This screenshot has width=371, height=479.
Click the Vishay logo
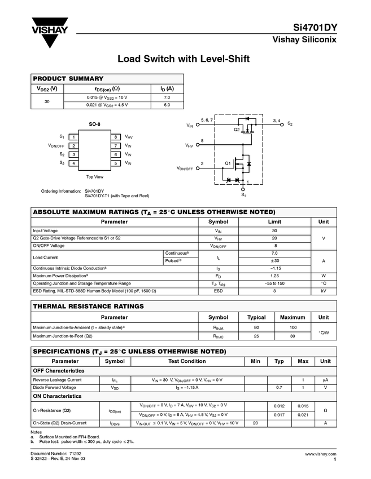click(50, 32)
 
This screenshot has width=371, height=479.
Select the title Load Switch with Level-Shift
click(183, 59)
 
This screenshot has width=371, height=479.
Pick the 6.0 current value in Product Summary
click(167, 105)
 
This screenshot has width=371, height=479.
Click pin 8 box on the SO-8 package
click(115, 137)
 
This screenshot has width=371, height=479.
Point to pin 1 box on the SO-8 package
click(74, 137)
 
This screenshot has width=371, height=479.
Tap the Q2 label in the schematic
click(237, 130)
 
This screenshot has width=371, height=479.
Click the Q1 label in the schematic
click(228, 163)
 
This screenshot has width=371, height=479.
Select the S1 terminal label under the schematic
click(244, 194)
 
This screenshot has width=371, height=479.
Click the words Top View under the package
click(94, 177)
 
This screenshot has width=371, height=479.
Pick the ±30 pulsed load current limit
click(274, 260)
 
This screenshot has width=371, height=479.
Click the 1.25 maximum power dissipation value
click(274, 276)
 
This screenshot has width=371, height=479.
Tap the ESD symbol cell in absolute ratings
click(219, 291)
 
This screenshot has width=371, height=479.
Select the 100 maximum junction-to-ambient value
click(293, 327)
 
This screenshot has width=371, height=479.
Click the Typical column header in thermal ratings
click(256, 317)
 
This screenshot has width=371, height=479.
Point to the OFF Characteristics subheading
click(59, 371)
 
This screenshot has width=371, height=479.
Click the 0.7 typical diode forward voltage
click(279, 388)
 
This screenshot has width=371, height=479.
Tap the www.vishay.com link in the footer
click(321, 454)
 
